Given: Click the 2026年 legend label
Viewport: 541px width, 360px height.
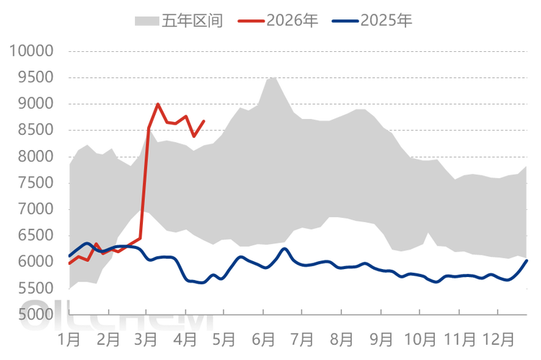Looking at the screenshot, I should click(288, 19).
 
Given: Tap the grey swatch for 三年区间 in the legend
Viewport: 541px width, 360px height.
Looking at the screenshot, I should click(146, 20).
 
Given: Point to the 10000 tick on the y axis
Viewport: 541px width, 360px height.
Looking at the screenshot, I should click(31, 51).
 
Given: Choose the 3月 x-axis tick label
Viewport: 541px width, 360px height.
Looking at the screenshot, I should click(147, 338).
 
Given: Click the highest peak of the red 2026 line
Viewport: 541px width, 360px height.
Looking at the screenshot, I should click(158, 103).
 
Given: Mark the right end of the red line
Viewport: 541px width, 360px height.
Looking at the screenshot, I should click(206, 120).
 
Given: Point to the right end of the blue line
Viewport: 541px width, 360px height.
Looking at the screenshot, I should click(529, 259).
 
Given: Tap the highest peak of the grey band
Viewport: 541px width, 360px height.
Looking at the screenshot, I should click(271, 75).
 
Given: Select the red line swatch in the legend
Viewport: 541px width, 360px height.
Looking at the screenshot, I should click(248, 20).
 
